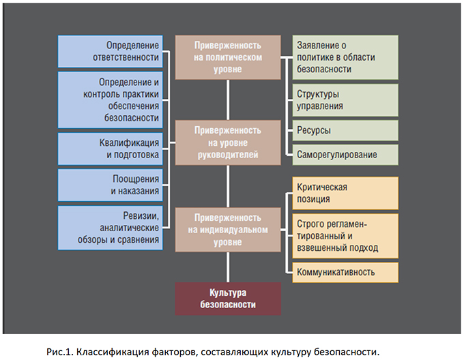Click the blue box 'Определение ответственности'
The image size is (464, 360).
[111, 51]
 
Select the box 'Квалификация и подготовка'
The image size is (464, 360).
[111, 149]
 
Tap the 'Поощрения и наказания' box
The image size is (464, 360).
[111, 185]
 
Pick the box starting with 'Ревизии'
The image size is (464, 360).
[111, 228]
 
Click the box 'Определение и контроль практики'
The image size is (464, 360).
[111, 100]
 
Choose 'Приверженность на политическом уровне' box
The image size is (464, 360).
[228, 57]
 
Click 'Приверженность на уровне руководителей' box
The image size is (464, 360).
[228, 142]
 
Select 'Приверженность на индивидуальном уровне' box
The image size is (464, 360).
[228, 230]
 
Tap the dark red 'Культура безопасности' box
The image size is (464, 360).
[228, 299]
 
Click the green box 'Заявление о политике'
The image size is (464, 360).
[345, 57]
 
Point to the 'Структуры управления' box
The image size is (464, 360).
[345, 100]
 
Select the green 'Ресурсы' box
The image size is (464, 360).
[345, 130]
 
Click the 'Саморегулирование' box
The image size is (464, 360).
[345, 155]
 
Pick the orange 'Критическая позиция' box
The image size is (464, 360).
[345, 193]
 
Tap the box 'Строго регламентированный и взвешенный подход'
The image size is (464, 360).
[345, 236]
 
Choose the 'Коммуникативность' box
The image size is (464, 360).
[345, 272]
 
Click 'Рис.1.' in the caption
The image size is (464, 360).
[59, 352]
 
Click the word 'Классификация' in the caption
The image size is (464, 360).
[113, 352]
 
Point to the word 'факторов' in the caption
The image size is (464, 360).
[173, 352]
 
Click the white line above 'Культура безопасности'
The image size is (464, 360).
[228, 267]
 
